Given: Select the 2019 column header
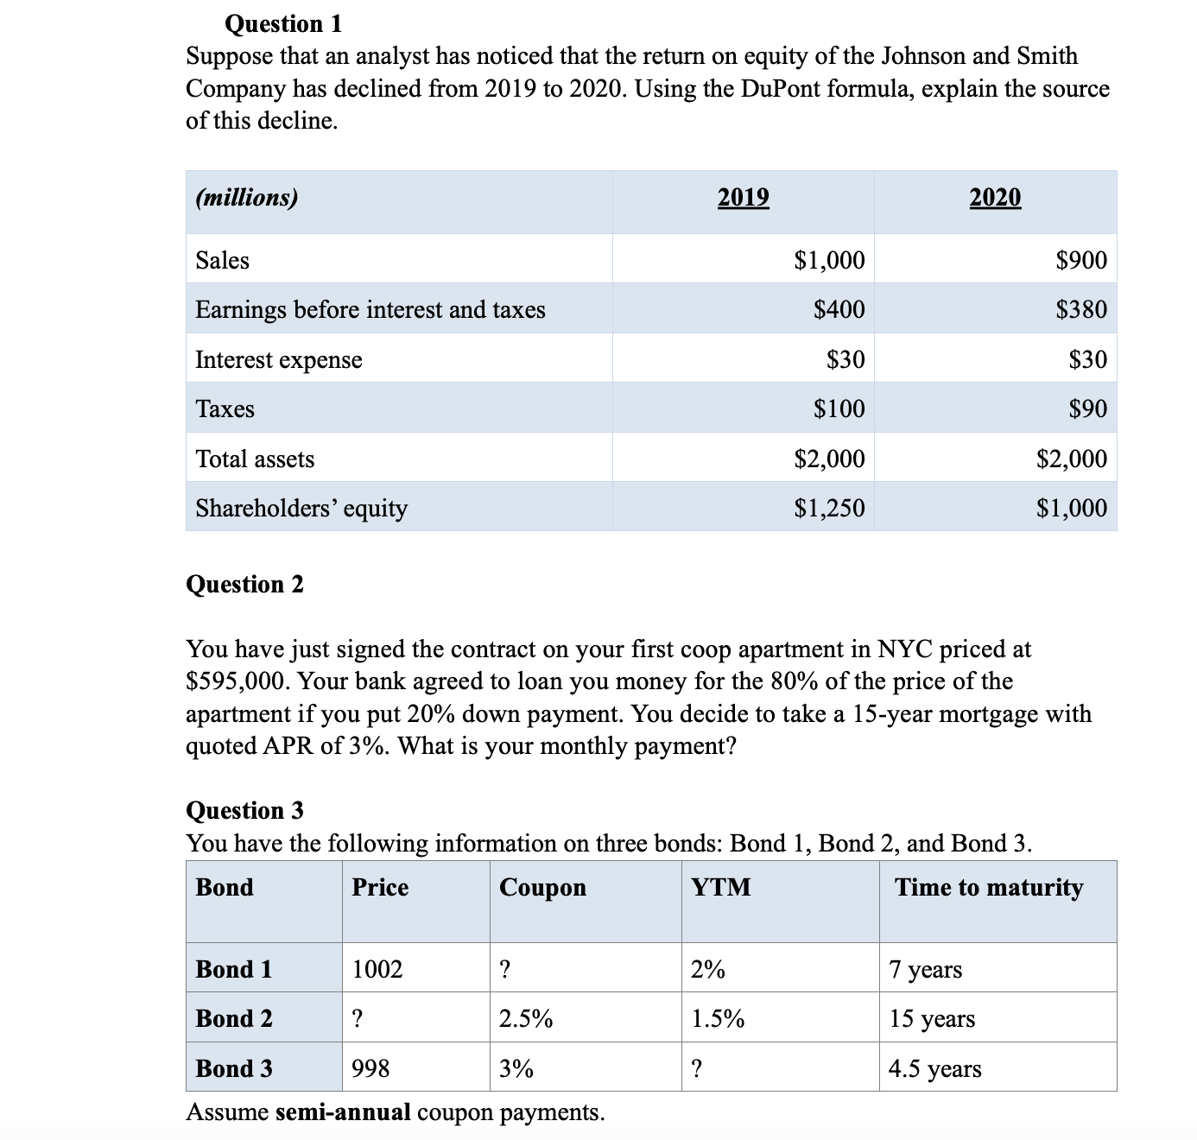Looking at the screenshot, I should pyautogui.click(x=743, y=198).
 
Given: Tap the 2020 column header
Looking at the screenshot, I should pyautogui.click(x=995, y=198).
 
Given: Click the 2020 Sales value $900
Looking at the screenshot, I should pyautogui.click(x=1081, y=260).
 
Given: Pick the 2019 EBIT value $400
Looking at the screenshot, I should pyautogui.click(x=839, y=309).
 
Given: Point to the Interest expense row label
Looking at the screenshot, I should pyautogui.click(x=279, y=359).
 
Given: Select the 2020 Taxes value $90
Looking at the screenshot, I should pyautogui.click(x=1087, y=408).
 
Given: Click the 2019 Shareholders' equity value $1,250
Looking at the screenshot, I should pyautogui.click(x=829, y=508).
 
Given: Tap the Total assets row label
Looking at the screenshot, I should pyautogui.click(x=255, y=459).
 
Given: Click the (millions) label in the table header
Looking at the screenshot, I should pyautogui.click(x=247, y=198).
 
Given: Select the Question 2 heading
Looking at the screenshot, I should pyautogui.click(x=245, y=585).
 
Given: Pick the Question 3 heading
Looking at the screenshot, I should pyautogui.click(x=245, y=810).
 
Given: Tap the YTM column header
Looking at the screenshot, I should pyautogui.click(x=721, y=887).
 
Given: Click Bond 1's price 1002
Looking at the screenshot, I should pyautogui.click(x=377, y=969).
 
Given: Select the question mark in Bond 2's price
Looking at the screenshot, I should pyautogui.click(x=357, y=1019).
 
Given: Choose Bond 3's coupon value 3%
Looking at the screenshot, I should pyautogui.click(x=516, y=1069).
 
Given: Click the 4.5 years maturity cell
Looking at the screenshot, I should pyautogui.click(x=935, y=1069).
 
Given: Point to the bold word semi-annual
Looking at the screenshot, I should pyautogui.click(x=343, y=1112).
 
